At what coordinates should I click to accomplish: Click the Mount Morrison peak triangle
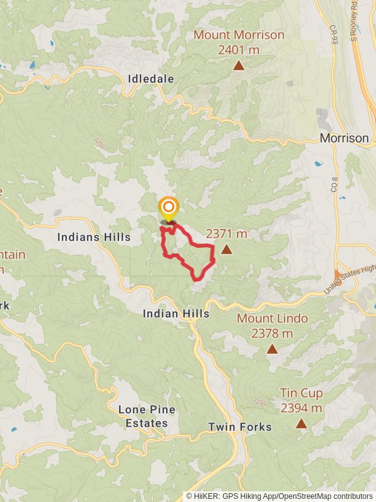point(238,65)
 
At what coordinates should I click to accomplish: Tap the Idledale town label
point(150,79)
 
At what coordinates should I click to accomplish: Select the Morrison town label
point(344,138)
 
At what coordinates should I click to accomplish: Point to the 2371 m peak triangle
point(226,250)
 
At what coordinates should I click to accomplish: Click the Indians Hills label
point(94,237)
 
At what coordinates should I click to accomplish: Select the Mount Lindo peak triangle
point(272,349)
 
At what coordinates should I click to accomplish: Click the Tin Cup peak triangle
point(301,424)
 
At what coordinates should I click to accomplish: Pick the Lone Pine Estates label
point(147,416)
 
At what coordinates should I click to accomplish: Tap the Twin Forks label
point(240,427)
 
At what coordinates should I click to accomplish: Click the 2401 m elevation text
point(239,49)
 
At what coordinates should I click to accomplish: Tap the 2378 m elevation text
point(272,333)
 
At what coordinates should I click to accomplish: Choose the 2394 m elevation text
point(301,408)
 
